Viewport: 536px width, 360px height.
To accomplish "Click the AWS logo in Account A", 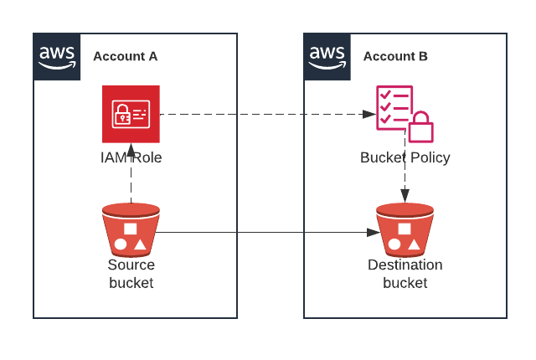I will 57,57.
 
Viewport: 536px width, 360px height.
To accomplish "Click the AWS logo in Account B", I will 327,57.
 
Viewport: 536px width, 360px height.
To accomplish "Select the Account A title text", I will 125,56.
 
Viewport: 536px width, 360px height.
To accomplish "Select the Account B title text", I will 395,56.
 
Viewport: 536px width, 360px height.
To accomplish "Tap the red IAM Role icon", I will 131,114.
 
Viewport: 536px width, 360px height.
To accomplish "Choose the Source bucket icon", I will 131,229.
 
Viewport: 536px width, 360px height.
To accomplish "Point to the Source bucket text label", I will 131,274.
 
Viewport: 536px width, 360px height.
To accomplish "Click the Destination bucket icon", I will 405,229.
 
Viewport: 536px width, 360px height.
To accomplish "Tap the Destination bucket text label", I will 405,274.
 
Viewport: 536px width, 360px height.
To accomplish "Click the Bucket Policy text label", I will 405,157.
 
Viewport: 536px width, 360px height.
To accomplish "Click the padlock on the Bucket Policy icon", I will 420,128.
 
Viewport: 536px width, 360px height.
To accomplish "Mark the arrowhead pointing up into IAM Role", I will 131,150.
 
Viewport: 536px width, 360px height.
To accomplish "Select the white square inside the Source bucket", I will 131,228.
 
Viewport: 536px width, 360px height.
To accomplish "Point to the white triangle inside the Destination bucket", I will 415,246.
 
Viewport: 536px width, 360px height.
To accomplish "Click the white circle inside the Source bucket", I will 121,245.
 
